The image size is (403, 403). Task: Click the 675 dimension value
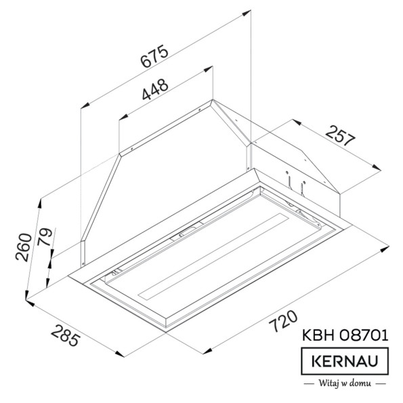pos(154,56)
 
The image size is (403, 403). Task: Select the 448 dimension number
pos(156,89)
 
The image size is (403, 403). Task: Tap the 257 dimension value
pos(341,135)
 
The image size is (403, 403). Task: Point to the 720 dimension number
pos(283,322)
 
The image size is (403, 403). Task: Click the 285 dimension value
pos(65,335)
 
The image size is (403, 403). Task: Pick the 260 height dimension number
pos(24,247)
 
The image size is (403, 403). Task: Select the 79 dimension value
pos(45,236)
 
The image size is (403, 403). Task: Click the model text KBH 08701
pos(345,335)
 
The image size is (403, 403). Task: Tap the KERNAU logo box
pos(345,361)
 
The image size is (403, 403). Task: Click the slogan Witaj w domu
pos(345,383)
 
